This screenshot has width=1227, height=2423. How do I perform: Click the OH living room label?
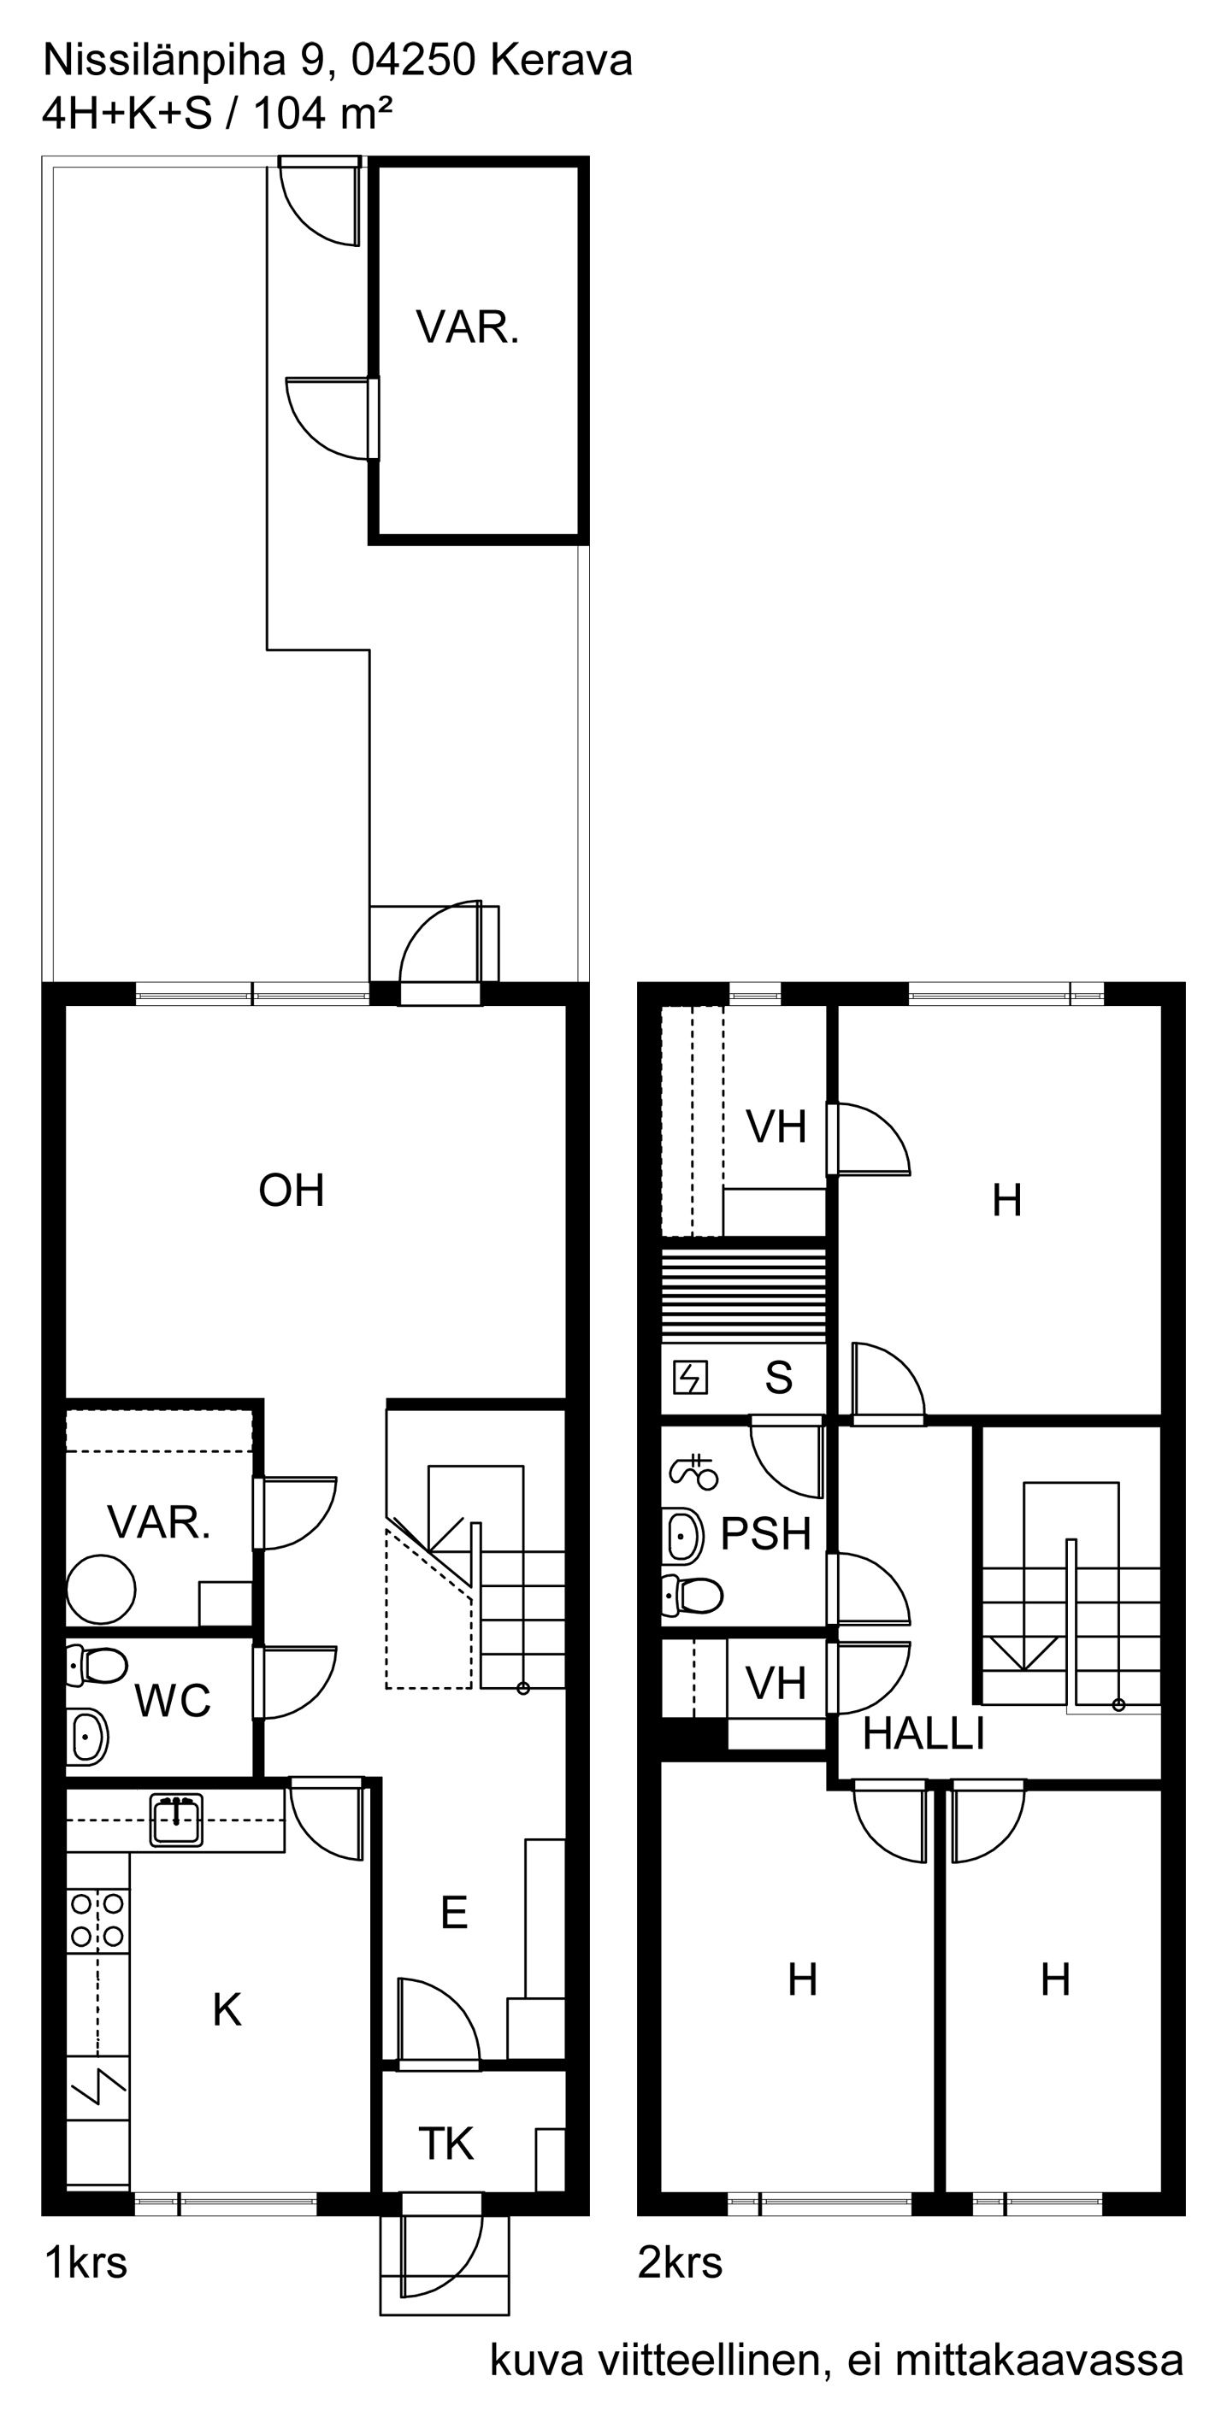coord(292,1191)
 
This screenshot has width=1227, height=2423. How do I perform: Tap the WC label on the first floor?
coord(173,1701)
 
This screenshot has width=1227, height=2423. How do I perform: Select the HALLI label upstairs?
coord(923,1733)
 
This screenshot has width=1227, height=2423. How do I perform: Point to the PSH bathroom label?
coord(765,1534)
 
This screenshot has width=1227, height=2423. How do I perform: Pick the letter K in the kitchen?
coord(227,2010)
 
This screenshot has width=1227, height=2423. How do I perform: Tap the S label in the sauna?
coord(778,1377)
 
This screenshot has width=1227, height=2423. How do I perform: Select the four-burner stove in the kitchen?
coord(97,1920)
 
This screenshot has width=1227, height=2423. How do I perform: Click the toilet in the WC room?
coord(97,1666)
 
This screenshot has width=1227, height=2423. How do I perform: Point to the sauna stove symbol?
coord(691,1379)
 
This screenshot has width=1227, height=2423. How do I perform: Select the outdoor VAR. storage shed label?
coord(468,327)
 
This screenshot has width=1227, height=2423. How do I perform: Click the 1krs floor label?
coord(86,2263)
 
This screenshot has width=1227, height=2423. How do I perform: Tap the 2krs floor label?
coord(680,2263)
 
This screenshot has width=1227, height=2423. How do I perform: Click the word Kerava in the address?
coord(561,62)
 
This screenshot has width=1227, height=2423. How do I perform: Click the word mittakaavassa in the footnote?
coord(1038,2361)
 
